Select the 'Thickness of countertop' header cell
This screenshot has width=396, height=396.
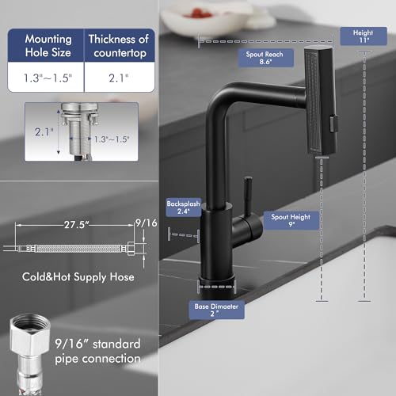pyautogui.click(x=119, y=45)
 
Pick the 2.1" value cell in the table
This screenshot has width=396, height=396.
pyautogui.click(x=119, y=78)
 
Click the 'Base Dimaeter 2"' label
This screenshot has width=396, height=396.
pyautogui.click(x=218, y=310)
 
